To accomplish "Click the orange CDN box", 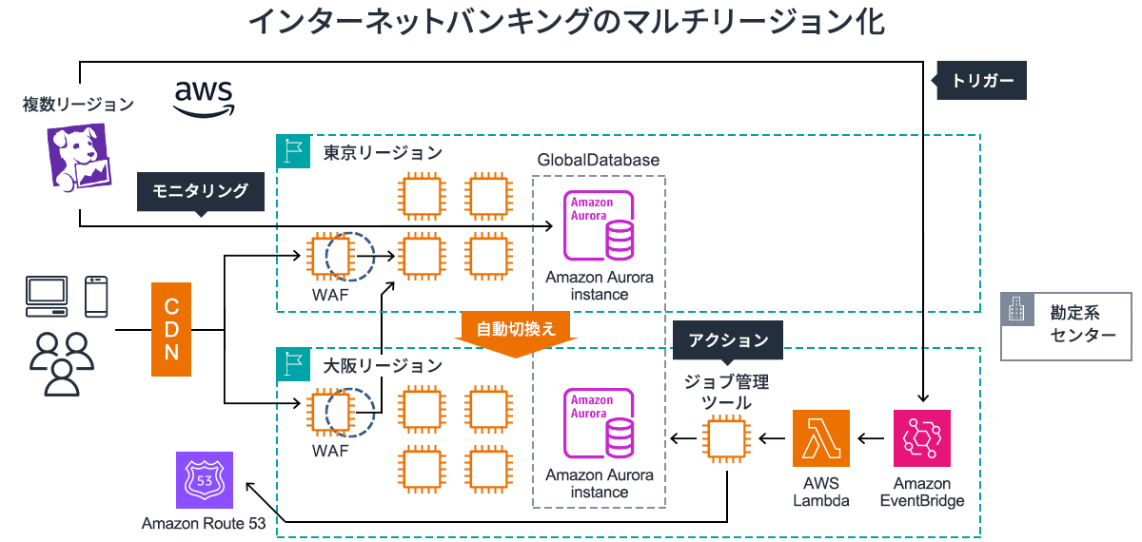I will [172, 328].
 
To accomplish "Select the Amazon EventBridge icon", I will [921, 438].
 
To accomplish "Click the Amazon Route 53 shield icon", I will [204, 481].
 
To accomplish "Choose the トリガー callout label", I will [982, 81].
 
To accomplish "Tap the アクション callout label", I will [727, 339].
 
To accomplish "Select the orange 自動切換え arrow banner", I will [515, 331].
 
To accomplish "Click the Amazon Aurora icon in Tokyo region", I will [600, 226].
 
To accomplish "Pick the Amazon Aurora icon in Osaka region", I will [600, 423].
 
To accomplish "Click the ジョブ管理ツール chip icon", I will [727, 438].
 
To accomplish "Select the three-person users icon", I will [62, 363].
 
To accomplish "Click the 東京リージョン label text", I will [382, 152].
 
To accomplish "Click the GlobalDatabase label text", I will [598, 160].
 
